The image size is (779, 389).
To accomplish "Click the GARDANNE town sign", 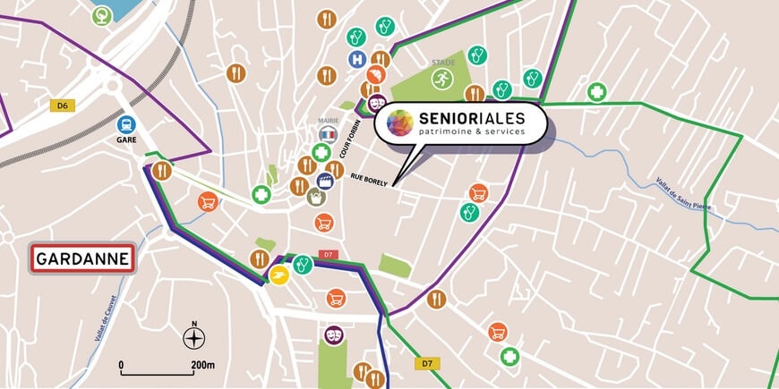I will (82, 259).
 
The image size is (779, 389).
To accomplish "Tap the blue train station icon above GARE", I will (126, 124).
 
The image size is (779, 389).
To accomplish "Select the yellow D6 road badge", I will (62, 106).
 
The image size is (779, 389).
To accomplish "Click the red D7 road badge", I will (328, 255).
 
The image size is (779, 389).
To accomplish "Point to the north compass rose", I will (193, 337).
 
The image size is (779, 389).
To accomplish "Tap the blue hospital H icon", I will (357, 59).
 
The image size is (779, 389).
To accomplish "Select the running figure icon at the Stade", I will (441, 80).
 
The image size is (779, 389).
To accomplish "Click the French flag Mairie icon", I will (328, 133).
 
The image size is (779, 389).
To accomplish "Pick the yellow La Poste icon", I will (279, 274).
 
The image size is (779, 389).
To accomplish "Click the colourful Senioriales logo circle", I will (399, 123).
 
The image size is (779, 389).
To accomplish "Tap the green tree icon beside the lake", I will (102, 14).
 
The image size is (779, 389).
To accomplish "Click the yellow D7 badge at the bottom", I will (427, 363).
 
